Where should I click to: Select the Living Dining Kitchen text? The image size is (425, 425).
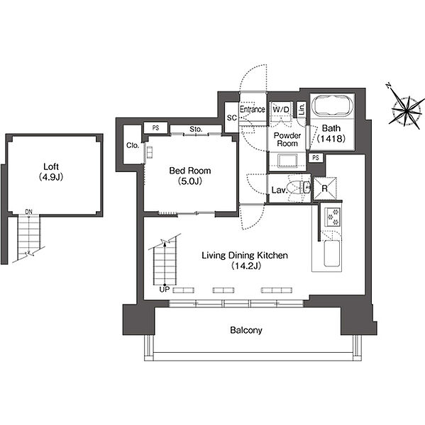tap(245, 255)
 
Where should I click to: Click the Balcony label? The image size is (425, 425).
tap(246, 330)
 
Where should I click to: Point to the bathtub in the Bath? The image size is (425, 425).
tap(332, 106)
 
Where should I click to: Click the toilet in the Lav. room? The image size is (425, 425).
tap(299, 188)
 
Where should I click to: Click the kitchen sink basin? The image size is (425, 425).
tap(332, 254)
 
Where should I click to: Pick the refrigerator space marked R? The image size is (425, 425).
tap(325, 188)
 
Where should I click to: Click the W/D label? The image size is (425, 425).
tap(281, 110)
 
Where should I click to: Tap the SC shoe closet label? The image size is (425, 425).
tap(232, 118)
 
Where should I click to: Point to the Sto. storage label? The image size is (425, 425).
tap(196, 130)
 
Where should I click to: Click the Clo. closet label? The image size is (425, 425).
tap(133, 145)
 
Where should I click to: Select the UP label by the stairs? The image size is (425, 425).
tap(165, 290)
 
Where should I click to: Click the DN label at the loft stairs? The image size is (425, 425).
tap(28, 212)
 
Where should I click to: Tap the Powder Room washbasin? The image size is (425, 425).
tap(288, 161)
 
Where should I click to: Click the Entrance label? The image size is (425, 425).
tap(253, 109)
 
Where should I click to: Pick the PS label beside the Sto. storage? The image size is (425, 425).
tap(155, 127)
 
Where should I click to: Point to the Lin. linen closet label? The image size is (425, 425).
tap(302, 109)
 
